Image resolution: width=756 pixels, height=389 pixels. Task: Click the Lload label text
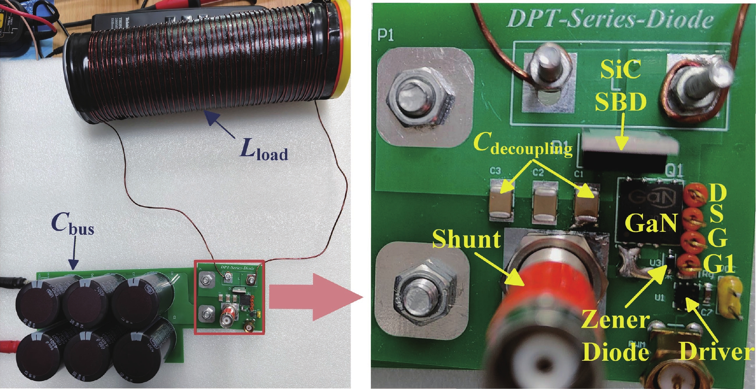click(x=264, y=151)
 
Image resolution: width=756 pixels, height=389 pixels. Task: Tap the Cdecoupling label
click(x=523, y=145)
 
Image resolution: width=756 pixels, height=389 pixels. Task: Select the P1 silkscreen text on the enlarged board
click(x=386, y=35)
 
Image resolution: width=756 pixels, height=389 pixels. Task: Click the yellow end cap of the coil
click(x=343, y=49)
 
